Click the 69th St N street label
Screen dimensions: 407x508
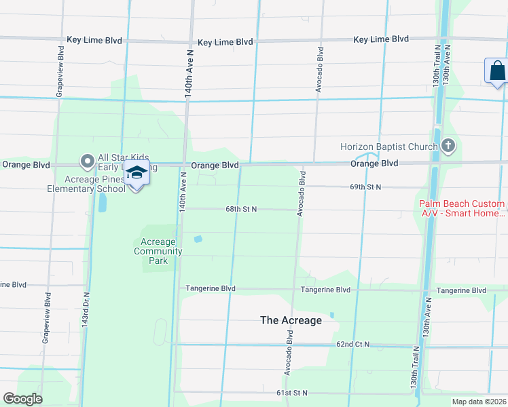[x=365, y=187]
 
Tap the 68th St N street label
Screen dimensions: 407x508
[x=241, y=209]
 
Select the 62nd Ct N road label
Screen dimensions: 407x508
[x=352, y=345]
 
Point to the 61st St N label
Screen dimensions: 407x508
[x=291, y=393]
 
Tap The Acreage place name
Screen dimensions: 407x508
[x=291, y=320]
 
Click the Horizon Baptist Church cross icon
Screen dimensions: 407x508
[x=448, y=146]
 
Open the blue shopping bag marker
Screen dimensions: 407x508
[x=496, y=71]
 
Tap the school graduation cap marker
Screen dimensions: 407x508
[x=137, y=174]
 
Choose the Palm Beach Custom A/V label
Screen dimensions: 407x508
[x=462, y=208]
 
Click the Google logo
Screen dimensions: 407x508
[x=22, y=399]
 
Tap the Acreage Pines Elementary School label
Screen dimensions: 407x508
[x=95, y=184]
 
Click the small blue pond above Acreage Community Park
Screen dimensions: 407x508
[x=198, y=239]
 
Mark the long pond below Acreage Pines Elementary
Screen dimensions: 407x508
[x=102, y=202]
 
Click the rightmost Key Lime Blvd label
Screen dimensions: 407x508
[x=381, y=39]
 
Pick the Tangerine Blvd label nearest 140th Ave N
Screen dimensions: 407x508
[x=211, y=289]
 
